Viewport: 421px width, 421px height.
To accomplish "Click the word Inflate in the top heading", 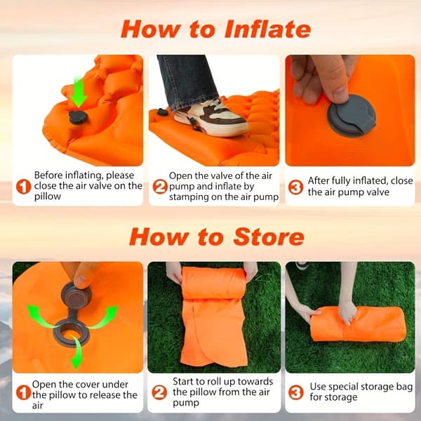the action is coord(267,29).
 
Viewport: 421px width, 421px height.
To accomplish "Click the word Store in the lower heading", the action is coord(269,237).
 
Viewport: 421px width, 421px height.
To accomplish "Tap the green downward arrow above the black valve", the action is coord(79,92).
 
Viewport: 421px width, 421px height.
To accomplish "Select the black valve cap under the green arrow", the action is coord(78,117).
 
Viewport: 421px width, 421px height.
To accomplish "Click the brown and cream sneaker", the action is coord(211,118).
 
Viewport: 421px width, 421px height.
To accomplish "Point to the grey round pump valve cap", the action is coord(352,116).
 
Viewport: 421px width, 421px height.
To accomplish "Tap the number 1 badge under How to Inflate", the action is coord(24,187).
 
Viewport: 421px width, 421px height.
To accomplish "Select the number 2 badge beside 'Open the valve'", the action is coord(160,187).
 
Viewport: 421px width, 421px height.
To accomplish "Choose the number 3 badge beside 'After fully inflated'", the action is coord(295,187).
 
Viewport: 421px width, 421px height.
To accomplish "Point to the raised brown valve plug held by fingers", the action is coord(76,296).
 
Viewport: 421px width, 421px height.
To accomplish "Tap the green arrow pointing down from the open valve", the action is coord(76,352).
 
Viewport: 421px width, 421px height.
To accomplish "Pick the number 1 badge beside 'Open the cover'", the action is coord(23,392).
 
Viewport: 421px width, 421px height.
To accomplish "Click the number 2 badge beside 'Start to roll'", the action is coord(159,392).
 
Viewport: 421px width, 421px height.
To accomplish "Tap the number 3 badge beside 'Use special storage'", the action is coord(295,392).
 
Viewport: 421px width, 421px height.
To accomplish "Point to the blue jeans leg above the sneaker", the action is coord(188,81).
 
